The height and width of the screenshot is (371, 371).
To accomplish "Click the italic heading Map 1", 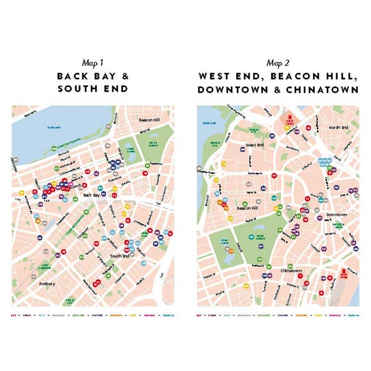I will coord(93,63).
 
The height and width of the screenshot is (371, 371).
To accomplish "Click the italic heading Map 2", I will coord(278,63).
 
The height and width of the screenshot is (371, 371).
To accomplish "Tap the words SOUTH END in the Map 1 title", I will coord(93,89).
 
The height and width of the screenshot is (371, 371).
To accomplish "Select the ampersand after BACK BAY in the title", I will coord(125,76).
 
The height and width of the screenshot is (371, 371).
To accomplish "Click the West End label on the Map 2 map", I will coord(255,145).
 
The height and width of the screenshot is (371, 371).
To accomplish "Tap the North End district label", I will coord(339,127).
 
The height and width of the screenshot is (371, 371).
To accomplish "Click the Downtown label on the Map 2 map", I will coord(336,214).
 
